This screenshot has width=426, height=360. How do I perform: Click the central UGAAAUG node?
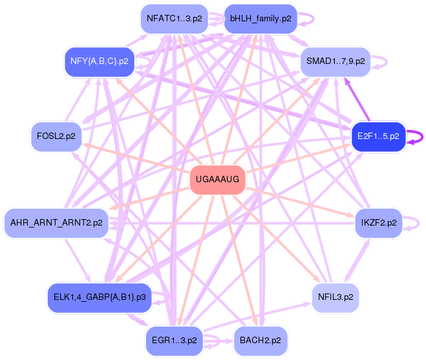pos(217,180)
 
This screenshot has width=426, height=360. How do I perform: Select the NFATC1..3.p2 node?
pos(174,19)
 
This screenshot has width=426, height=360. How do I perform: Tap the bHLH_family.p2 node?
pos(260,19)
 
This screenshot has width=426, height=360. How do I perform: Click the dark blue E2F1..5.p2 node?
pos(378,136)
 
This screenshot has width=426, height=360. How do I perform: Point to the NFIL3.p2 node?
pos(334,297)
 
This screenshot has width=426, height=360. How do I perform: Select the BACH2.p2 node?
pos(260,339)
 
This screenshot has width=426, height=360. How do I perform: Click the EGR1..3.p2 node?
pos(174,339)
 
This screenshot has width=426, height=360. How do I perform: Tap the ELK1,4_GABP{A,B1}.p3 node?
pos(100,297)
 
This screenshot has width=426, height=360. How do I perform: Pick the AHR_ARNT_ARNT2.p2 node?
pos(56,223)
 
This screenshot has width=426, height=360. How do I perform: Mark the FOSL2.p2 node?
pos(57,136)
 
